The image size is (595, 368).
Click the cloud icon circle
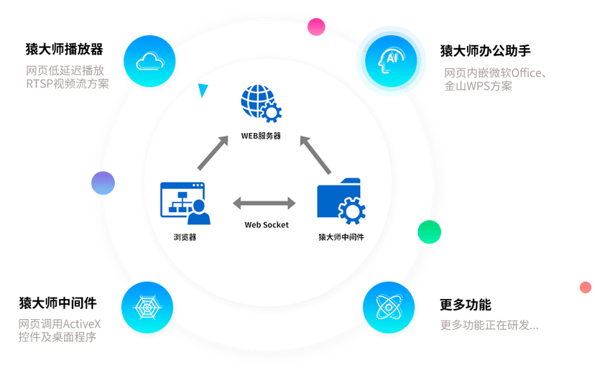149,60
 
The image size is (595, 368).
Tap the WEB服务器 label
261,135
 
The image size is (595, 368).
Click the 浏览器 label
185,236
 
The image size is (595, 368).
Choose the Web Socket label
267,225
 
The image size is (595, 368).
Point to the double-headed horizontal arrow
264,203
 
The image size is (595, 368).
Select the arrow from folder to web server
315,155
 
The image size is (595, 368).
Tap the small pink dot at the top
316,27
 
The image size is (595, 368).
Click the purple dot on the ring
103,183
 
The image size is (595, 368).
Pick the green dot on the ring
430,231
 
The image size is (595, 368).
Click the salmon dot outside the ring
586,287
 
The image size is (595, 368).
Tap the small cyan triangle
204,91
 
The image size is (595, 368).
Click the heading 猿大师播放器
64,49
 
